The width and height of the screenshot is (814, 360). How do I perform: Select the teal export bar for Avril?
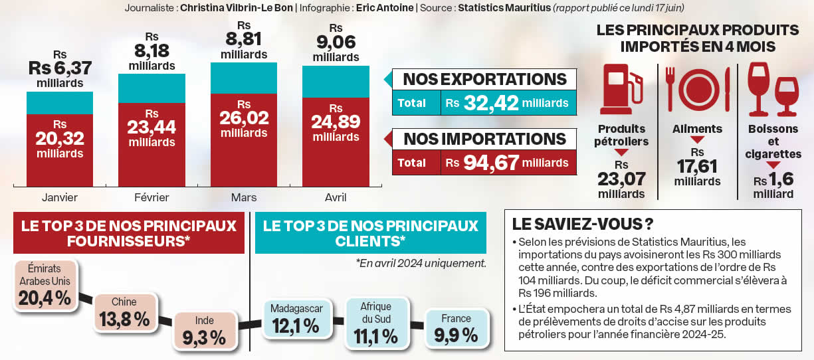click(336, 82)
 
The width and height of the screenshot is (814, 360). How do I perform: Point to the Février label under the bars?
click(152, 197)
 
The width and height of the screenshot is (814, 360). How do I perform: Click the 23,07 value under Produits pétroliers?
click(621, 179)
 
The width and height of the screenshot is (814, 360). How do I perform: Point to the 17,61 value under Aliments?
click(697, 166)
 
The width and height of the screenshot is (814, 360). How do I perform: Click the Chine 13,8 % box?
click(124, 312)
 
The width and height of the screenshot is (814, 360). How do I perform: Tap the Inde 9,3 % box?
click(205, 331)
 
